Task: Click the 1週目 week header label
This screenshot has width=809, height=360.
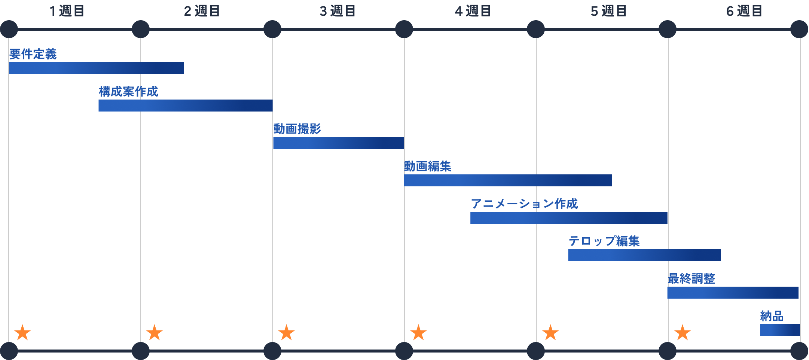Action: click(x=67, y=11)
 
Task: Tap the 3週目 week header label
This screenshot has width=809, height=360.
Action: click(x=338, y=11)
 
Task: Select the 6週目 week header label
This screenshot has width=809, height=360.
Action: click(x=744, y=11)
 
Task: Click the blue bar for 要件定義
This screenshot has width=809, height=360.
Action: click(x=97, y=68)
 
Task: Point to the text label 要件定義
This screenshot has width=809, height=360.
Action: click(x=33, y=54)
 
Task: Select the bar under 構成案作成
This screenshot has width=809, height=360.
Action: click(x=186, y=106)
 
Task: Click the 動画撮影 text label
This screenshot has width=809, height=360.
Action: click(x=297, y=129)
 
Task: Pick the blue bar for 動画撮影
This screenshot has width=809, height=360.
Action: click(x=338, y=143)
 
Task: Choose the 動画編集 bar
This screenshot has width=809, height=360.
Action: click(x=508, y=180)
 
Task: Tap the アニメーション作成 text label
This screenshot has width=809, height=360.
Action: click(x=524, y=204)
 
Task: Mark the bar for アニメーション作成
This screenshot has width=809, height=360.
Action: click(x=569, y=218)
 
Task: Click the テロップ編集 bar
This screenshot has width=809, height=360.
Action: click(x=644, y=255)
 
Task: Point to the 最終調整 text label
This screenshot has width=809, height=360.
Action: click(x=692, y=279)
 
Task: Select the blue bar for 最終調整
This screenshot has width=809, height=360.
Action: click(x=733, y=293)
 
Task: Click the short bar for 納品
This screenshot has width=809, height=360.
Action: click(x=780, y=330)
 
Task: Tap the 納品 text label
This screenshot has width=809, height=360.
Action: click(x=772, y=316)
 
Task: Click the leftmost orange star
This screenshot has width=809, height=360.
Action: click(x=22, y=333)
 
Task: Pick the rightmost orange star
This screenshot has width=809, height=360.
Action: click(x=683, y=333)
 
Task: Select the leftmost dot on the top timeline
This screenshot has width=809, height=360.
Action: click(x=9, y=29)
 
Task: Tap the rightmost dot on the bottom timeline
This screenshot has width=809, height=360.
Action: click(x=799, y=351)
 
